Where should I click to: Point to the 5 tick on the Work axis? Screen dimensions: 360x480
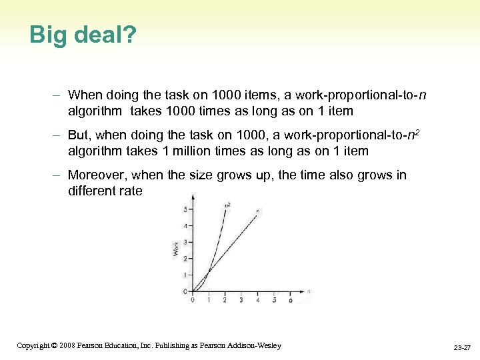coord(185,210)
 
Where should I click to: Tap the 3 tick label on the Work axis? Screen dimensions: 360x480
coord(185,242)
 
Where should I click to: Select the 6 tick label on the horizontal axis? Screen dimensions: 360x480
coord(291,301)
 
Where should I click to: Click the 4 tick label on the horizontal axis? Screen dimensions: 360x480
coord(257,301)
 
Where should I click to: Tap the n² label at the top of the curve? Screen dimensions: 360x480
coord(227,205)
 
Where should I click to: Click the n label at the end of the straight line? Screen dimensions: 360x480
coord(257,211)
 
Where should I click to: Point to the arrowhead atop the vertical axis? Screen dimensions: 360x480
coord(193,196)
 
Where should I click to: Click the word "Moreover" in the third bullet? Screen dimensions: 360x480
coord(97,175)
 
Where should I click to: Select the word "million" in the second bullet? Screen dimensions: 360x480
coord(199,151)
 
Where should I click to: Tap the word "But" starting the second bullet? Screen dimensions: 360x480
coord(79,135)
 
